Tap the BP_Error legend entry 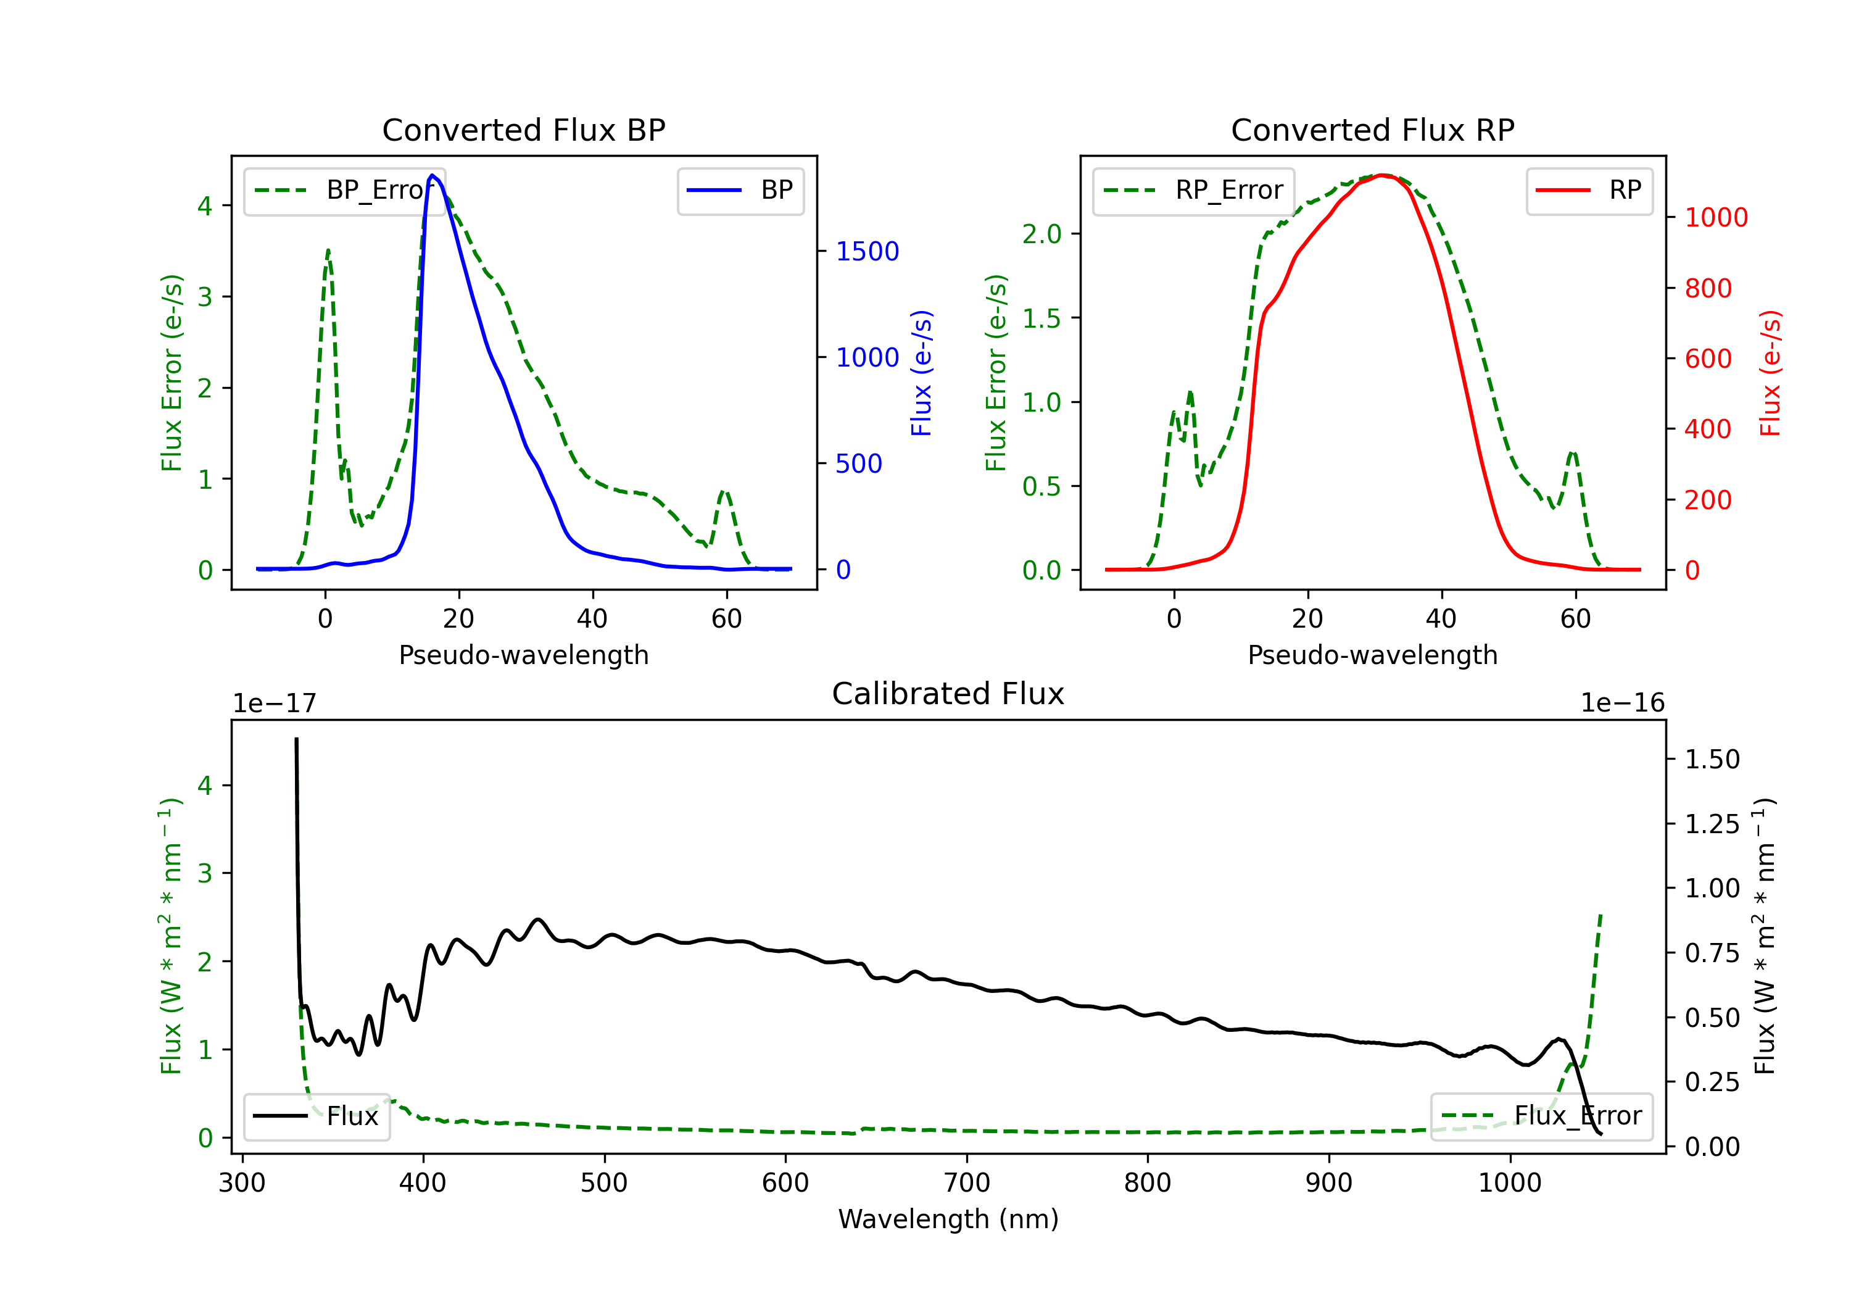[x=345, y=190]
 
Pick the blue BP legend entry [x=740, y=190]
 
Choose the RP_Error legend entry [x=1193, y=190]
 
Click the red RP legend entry [x=1588, y=190]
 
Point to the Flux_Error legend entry [x=1541, y=1116]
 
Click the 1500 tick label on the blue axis [x=867, y=252]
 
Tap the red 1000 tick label [x=1715, y=218]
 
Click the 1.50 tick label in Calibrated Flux [x=1712, y=760]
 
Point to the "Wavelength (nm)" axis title [x=948, y=1219]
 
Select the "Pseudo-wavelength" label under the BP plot [x=523, y=655]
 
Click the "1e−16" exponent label [x=1622, y=704]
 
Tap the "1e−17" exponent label [x=274, y=704]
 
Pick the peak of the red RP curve [x=1382, y=175]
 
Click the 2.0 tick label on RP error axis [x=1041, y=234]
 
